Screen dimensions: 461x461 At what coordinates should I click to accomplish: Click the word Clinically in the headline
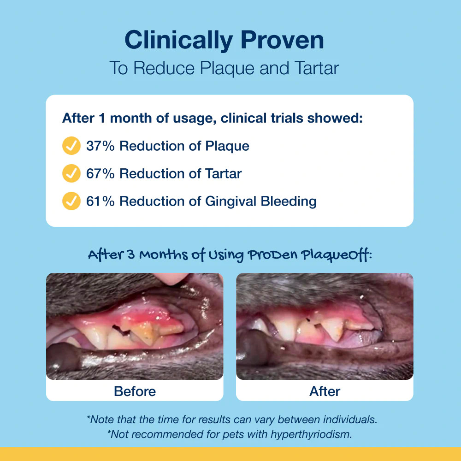179,41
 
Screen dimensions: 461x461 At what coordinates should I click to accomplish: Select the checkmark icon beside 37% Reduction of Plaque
71,146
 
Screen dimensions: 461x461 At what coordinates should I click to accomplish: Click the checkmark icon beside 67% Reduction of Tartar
71,173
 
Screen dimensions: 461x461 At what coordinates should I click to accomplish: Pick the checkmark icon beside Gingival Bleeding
71,201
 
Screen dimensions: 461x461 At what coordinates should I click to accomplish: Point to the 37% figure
100,146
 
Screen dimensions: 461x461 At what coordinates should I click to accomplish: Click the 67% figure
100,173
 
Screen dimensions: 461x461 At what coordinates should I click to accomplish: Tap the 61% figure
100,201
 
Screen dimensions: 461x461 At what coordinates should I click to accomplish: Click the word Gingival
231,202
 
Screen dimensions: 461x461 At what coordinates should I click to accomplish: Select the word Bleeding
289,202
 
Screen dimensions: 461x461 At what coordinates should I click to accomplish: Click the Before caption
135,391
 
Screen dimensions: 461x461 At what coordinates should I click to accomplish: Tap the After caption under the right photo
325,391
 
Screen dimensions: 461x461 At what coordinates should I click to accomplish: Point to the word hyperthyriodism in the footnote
311,434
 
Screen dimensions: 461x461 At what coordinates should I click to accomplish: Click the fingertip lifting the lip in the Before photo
171,278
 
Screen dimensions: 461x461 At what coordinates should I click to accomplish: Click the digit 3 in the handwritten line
131,254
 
